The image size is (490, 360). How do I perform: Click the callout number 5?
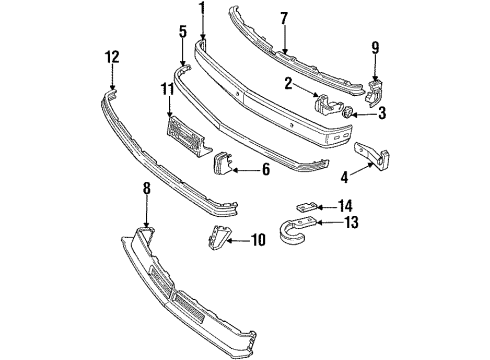[x=182, y=32]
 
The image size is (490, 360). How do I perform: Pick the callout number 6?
[x=265, y=170]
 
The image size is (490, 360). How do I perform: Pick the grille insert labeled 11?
[x=184, y=130]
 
